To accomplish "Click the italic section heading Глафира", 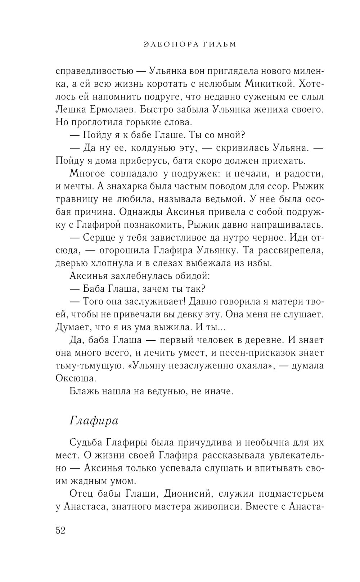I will pos(94,421).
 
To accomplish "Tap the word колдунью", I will pos(150,148).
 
